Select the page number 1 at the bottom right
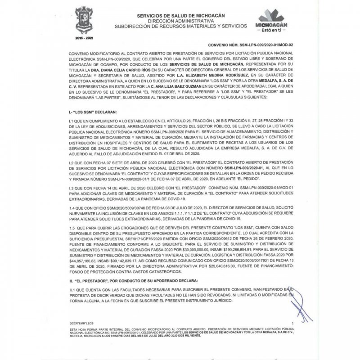(292, 324)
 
